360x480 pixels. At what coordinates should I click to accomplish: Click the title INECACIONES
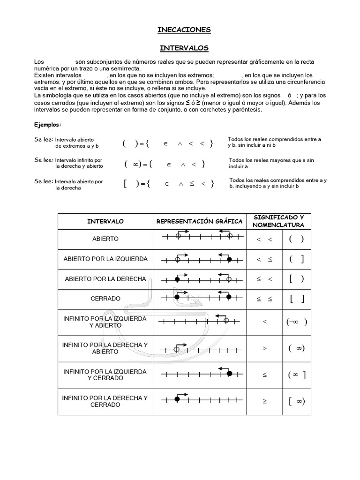(x=184, y=30)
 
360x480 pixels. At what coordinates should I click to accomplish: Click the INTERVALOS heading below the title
(x=184, y=48)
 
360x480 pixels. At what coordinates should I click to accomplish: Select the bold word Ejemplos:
(x=47, y=125)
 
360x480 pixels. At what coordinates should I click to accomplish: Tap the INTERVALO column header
(x=105, y=221)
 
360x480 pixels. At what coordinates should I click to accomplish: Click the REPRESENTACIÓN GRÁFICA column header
(x=199, y=221)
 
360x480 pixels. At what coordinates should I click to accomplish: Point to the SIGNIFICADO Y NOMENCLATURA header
(x=278, y=221)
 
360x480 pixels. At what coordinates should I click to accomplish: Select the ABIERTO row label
(x=105, y=239)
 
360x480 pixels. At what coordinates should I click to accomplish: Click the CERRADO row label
(x=105, y=299)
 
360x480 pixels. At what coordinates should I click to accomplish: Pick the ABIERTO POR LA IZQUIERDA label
(x=105, y=259)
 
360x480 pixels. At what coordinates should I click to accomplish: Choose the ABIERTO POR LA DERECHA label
(x=105, y=279)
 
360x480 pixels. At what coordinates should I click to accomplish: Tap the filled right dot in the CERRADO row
(x=229, y=297)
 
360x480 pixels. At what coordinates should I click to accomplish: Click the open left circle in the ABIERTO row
(x=178, y=236)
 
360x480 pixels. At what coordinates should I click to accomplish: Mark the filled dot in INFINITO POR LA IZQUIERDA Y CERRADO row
(x=229, y=373)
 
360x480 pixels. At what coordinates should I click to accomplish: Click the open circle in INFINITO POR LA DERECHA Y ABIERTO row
(x=177, y=349)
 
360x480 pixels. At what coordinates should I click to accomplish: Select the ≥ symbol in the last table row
(x=265, y=402)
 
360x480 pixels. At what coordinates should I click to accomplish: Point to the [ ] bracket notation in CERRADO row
(x=297, y=299)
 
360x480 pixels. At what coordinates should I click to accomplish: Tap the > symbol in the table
(x=265, y=349)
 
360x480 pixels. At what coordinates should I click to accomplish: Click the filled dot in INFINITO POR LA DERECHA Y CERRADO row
(x=177, y=399)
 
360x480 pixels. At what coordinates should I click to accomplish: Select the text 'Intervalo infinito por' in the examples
(x=79, y=160)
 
